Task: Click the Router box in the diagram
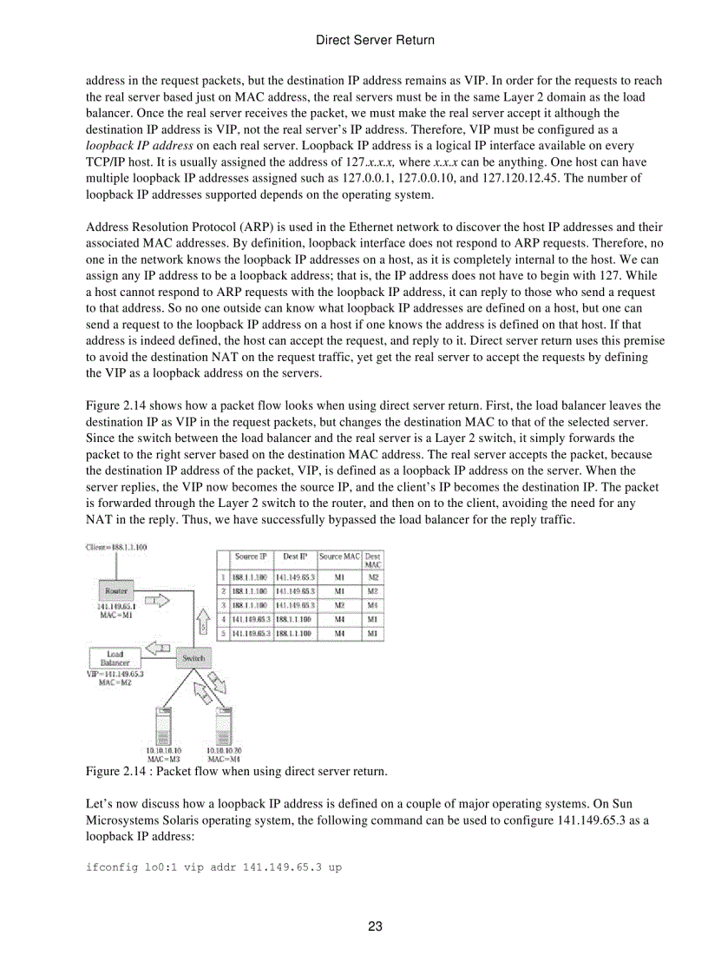(115, 590)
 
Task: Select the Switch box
(193, 658)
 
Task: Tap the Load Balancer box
(114, 658)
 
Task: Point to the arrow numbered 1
(156, 599)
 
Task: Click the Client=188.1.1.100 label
(116, 547)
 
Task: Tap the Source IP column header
(252, 556)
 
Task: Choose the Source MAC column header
(339, 556)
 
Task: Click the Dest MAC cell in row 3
(372, 603)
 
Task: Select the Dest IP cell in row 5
(295, 634)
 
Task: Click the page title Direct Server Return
(375, 40)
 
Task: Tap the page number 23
(375, 926)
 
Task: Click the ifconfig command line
(213, 867)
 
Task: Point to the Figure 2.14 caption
(236, 771)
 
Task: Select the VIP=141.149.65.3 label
(115, 673)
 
